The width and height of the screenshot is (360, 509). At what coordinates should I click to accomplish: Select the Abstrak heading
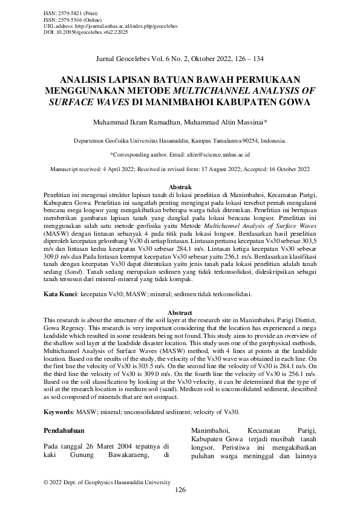[179, 188]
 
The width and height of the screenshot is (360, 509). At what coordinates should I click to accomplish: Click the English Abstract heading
[179, 312]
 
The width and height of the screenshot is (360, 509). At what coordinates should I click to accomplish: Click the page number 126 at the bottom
[180, 490]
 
